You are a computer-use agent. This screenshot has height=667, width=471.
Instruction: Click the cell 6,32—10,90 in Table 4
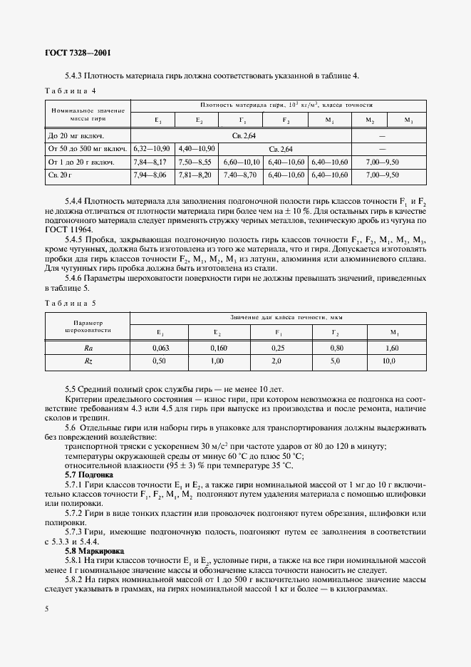point(151,148)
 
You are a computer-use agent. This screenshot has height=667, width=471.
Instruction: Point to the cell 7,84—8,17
point(151,162)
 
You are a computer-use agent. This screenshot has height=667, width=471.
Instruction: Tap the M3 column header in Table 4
point(408,120)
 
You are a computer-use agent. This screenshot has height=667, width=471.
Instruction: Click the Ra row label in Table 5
point(88,348)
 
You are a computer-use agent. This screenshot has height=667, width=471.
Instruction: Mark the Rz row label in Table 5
point(88,361)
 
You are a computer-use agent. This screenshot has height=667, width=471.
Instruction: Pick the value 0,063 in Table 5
point(160,348)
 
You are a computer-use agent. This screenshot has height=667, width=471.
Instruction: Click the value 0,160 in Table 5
point(218,348)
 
